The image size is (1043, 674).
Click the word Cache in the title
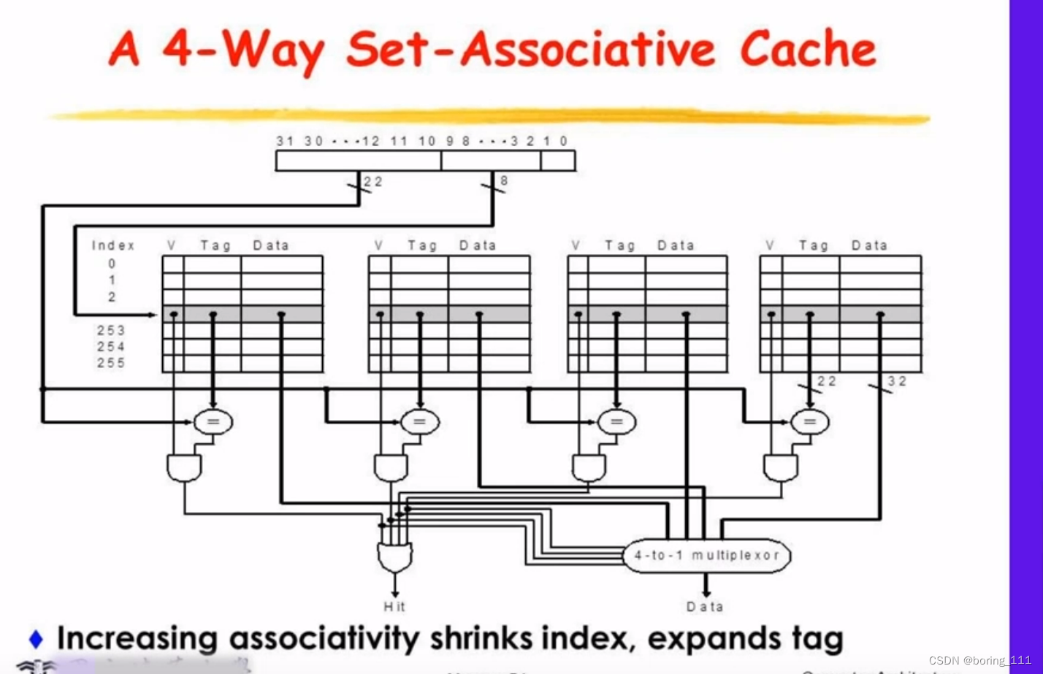[807, 50]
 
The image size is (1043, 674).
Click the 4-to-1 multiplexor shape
[706, 556]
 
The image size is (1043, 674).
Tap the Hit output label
[394, 606]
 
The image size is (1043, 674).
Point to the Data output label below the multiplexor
[705, 607]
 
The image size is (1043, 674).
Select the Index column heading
[113, 245]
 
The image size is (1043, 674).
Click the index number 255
[111, 363]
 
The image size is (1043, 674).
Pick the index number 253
[111, 330]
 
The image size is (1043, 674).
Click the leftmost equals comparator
[213, 421]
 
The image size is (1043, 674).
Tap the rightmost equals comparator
[810, 421]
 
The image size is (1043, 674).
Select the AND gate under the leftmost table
[184, 467]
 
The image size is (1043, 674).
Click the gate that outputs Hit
[394, 557]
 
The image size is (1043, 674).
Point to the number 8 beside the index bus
[504, 180]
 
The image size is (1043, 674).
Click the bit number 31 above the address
[284, 141]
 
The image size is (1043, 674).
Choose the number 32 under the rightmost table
[897, 381]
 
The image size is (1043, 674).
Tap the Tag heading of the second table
[422, 246]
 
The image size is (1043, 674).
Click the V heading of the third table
[576, 246]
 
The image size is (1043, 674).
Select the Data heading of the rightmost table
[869, 246]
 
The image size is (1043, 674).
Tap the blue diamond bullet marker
[36, 639]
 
